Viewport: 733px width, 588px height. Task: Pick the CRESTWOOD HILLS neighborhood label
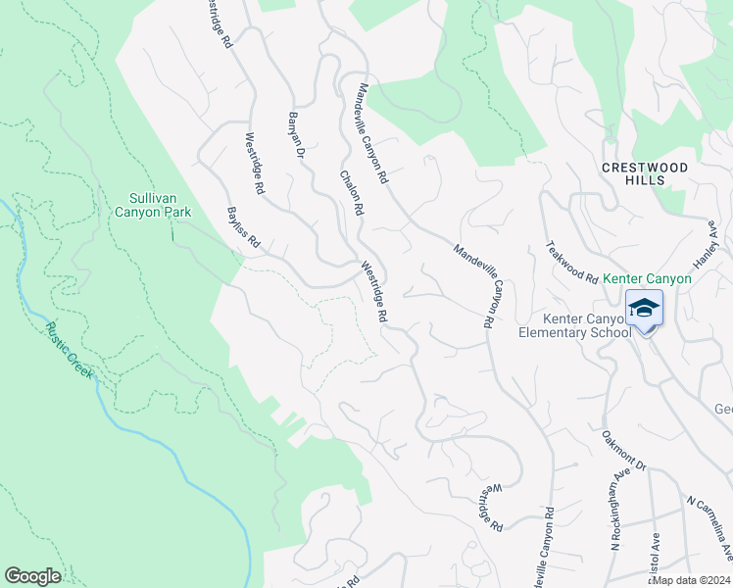click(645, 173)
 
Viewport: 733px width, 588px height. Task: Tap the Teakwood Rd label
click(572, 263)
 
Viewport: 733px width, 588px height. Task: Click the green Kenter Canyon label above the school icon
click(647, 278)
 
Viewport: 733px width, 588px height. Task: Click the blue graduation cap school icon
click(644, 309)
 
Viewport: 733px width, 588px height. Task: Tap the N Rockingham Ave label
click(616, 514)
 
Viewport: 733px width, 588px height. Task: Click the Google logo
click(32, 576)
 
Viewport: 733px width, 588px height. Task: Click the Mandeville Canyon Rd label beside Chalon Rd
click(372, 133)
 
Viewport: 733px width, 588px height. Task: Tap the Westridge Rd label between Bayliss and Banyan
click(255, 163)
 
